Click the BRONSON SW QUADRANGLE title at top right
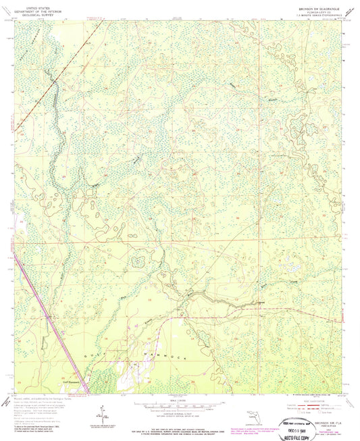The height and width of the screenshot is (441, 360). (x=315, y=7)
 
